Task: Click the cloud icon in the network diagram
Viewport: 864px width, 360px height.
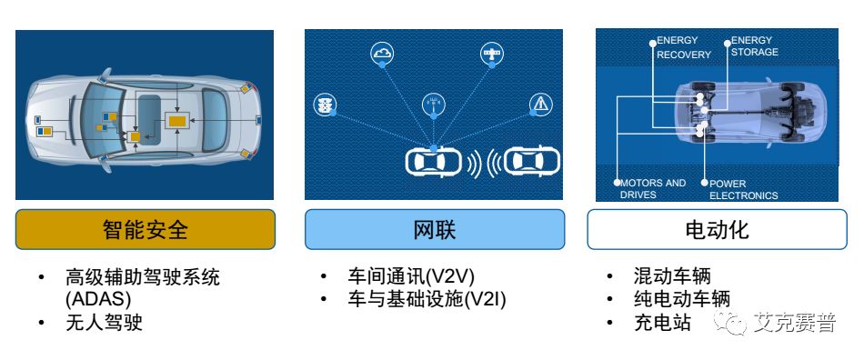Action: [382, 54]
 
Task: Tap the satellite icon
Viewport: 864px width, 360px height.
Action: [492, 54]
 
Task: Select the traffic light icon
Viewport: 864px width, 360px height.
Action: [323, 105]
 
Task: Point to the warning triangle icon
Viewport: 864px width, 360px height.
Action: [541, 105]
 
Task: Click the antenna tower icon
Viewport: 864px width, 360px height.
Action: [434, 105]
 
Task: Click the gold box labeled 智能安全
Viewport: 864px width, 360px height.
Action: [145, 229]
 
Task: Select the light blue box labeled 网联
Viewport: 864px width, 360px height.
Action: [434, 229]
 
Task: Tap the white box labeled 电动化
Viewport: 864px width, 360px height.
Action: [717, 229]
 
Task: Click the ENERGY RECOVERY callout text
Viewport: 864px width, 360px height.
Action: [684, 47]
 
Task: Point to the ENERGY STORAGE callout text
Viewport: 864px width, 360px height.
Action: [755, 46]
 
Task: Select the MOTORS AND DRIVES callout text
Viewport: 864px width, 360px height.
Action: [653, 189]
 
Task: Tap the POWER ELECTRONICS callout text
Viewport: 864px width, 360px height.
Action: [743, 190]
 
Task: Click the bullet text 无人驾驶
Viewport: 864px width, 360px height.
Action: [104, 323]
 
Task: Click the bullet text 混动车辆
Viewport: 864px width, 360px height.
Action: [671, 276]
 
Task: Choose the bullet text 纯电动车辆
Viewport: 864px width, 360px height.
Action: [681, 299]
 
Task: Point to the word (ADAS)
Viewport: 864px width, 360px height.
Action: [98, 299]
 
